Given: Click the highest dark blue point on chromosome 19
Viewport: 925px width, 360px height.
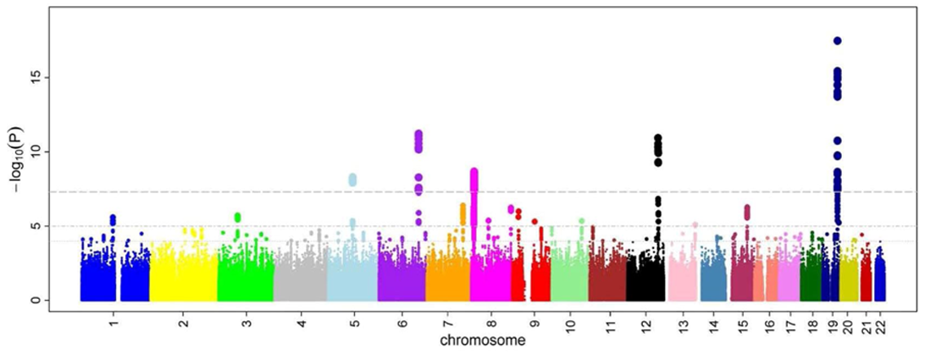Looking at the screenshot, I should click(x=838, y=41).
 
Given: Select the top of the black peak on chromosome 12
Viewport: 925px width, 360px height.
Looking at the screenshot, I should click(x=657, y=138).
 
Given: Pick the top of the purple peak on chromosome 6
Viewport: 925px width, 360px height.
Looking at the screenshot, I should click(x=418, y=134).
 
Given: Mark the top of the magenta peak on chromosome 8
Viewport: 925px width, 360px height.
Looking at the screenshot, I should click(x=474, y=172).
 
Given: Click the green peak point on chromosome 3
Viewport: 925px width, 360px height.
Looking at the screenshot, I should click(x=238, y=217).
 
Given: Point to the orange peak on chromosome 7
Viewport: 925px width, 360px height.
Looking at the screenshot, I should click(x=462, y=208).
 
